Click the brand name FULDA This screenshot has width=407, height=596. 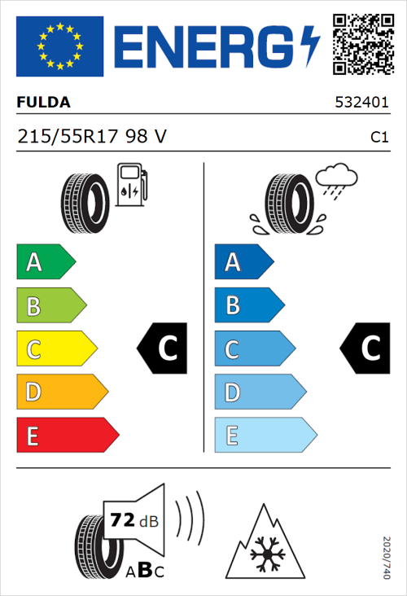click(43, 103)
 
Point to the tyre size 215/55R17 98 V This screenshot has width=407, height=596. click(92, 138)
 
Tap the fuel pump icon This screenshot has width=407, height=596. click(131, 185)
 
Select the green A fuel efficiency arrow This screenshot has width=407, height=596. click(45, 262)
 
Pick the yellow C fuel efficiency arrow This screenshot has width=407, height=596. click(55, 348)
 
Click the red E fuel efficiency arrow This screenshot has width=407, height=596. click(67, 435)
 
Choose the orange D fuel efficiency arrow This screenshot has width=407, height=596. click(61, 392)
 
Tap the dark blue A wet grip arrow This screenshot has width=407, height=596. click(243, 262)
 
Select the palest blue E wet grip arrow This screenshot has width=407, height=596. click(265, 435)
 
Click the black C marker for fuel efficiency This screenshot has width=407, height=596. click(163, 348)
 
